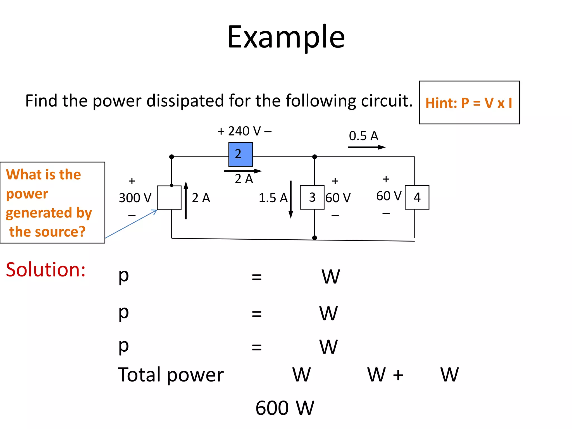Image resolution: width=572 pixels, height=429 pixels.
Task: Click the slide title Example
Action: pos(286,37)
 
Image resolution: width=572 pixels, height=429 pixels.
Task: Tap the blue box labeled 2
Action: pos(240,154)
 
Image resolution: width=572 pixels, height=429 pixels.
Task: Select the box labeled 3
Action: pos(312,197)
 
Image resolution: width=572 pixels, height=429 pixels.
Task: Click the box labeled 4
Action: pos(417,197)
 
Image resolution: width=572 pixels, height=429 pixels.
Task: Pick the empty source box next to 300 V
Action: pos(169,198)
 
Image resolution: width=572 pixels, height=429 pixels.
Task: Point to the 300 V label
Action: pos(135,198)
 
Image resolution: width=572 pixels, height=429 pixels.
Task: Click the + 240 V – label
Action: pos(244,131)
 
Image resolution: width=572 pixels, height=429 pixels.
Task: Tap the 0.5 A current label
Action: pos(363,136)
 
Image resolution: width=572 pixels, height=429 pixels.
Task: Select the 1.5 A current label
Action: pos(273,198)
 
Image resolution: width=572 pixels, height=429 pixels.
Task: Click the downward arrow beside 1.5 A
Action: pos(291,199)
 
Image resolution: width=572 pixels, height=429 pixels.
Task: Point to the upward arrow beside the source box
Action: pos(186,200)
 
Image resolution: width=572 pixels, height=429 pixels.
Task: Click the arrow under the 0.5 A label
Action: pos(366,147)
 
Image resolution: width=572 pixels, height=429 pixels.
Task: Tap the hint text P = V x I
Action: pos(469,103)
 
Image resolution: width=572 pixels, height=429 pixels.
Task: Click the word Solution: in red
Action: pos(46,270)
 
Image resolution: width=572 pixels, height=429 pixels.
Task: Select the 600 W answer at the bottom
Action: pos(285,408)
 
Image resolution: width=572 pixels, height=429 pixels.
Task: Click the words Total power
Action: pos(170,375)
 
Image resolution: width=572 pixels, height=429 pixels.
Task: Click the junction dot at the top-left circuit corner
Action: pos(171,157)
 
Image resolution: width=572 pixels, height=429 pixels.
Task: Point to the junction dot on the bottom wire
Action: pos(314,238)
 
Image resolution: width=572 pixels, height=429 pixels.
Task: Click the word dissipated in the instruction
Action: pos(185,101)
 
